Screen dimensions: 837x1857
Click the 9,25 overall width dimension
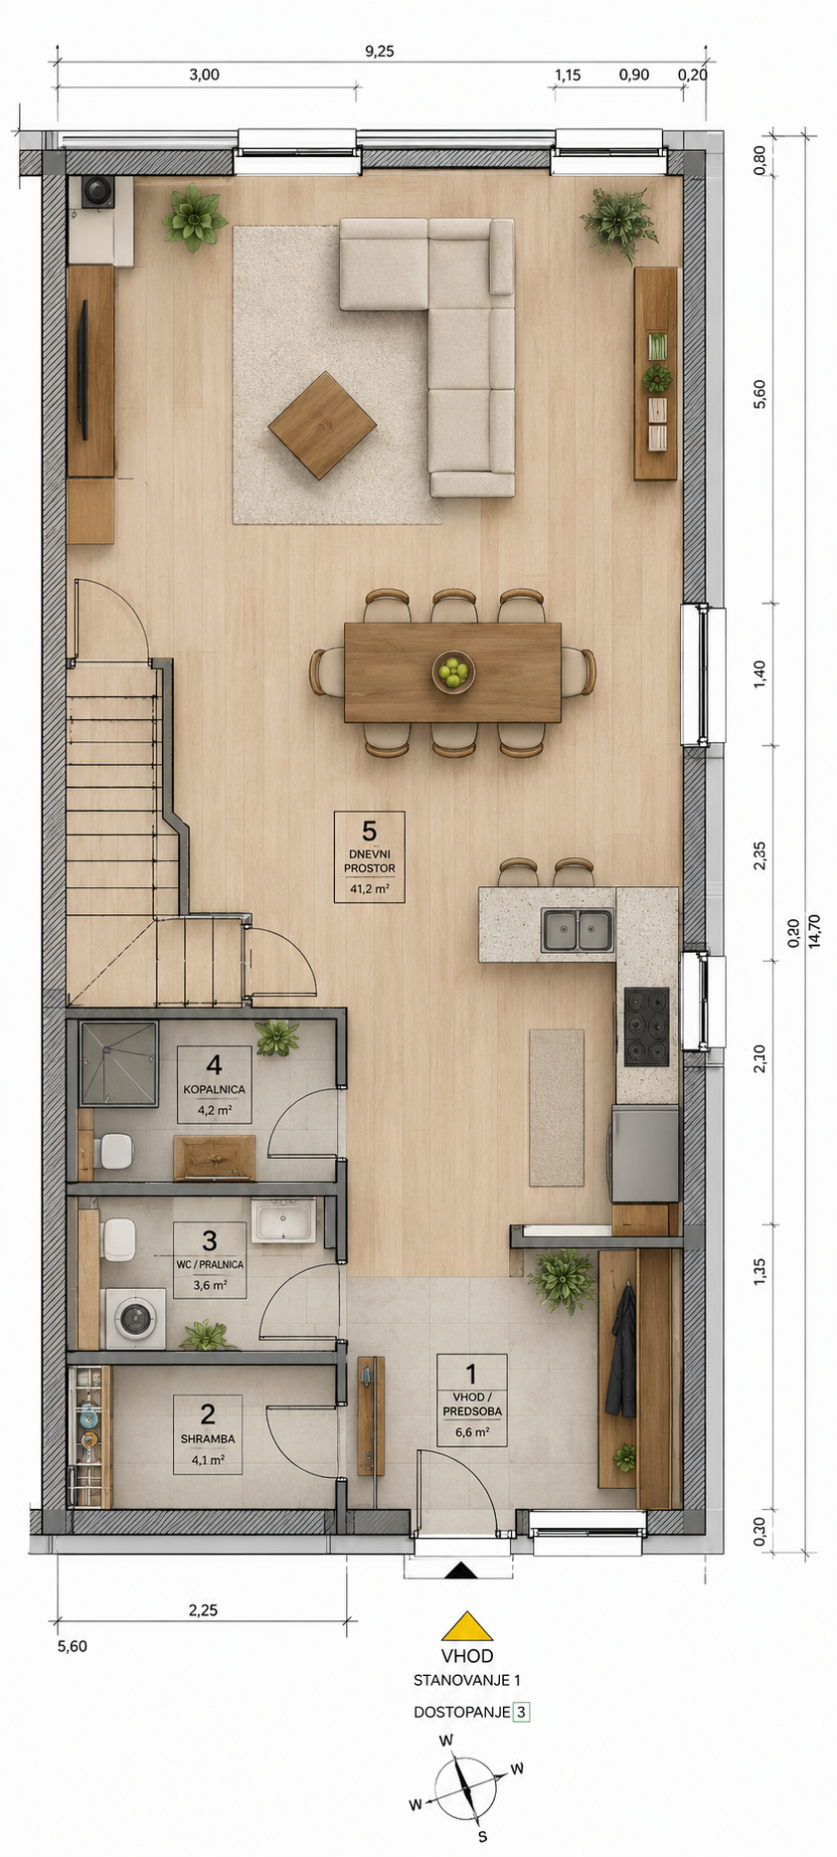[x=379, y=52]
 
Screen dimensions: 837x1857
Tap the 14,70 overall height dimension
[x=814, y=931]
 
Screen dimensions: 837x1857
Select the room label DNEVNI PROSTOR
[x=370, y=861]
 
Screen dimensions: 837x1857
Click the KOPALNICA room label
[x=214, y=1090]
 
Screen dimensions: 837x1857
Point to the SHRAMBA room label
[x=208, y=1439]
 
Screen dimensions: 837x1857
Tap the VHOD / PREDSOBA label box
[x=472, y=1400]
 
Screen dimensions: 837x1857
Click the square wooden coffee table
[x=322, y=426]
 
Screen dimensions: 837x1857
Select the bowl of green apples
[x=453, y=671]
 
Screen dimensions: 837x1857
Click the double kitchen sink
[x=577, y=930]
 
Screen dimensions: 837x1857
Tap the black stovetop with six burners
[x=646, y=1026]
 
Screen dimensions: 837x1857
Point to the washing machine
[x=135, y=1319]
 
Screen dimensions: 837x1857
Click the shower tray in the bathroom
[x=118, y=1063]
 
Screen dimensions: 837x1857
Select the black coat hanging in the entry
[x=622, y=1352]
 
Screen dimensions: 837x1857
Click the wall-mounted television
[x=84, y=369]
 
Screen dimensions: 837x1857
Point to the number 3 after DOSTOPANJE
[x=521, y=1712]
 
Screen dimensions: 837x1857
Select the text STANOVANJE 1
[x=467, y=1680]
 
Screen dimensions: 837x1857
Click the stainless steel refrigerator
[x=645, y=1155]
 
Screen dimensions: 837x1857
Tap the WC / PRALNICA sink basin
[x=283, y=1220]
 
